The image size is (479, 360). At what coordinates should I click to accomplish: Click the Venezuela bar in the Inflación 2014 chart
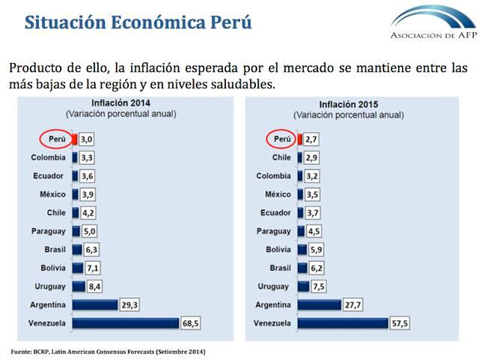[x=125, y=323]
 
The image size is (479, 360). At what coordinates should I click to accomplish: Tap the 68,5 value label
[x=192, y=323]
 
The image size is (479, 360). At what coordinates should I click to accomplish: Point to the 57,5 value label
[x=400, y=323]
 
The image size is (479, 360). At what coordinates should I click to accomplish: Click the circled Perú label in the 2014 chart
[x=56, y=139]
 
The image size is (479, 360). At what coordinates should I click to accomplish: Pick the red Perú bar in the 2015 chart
[x=299, y=139]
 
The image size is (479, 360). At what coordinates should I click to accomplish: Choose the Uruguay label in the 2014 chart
[x=50, y=286]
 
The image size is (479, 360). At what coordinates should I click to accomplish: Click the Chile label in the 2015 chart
[x=281, y=157]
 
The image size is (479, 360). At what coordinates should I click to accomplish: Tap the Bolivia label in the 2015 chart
[x=278, y=249]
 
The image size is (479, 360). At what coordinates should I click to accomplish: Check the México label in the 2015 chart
[x=278, y=194]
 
